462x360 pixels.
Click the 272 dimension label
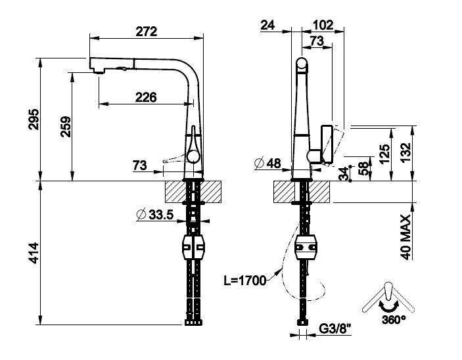(146, 30)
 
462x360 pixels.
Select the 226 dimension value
(145, 97)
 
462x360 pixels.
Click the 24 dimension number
(267, 25)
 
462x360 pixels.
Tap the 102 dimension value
(323, 25)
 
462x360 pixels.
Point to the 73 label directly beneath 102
(316, 41)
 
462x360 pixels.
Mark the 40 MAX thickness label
(405, 238)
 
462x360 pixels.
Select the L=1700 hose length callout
(244, 281)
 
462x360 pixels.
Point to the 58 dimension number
(361, 169)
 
